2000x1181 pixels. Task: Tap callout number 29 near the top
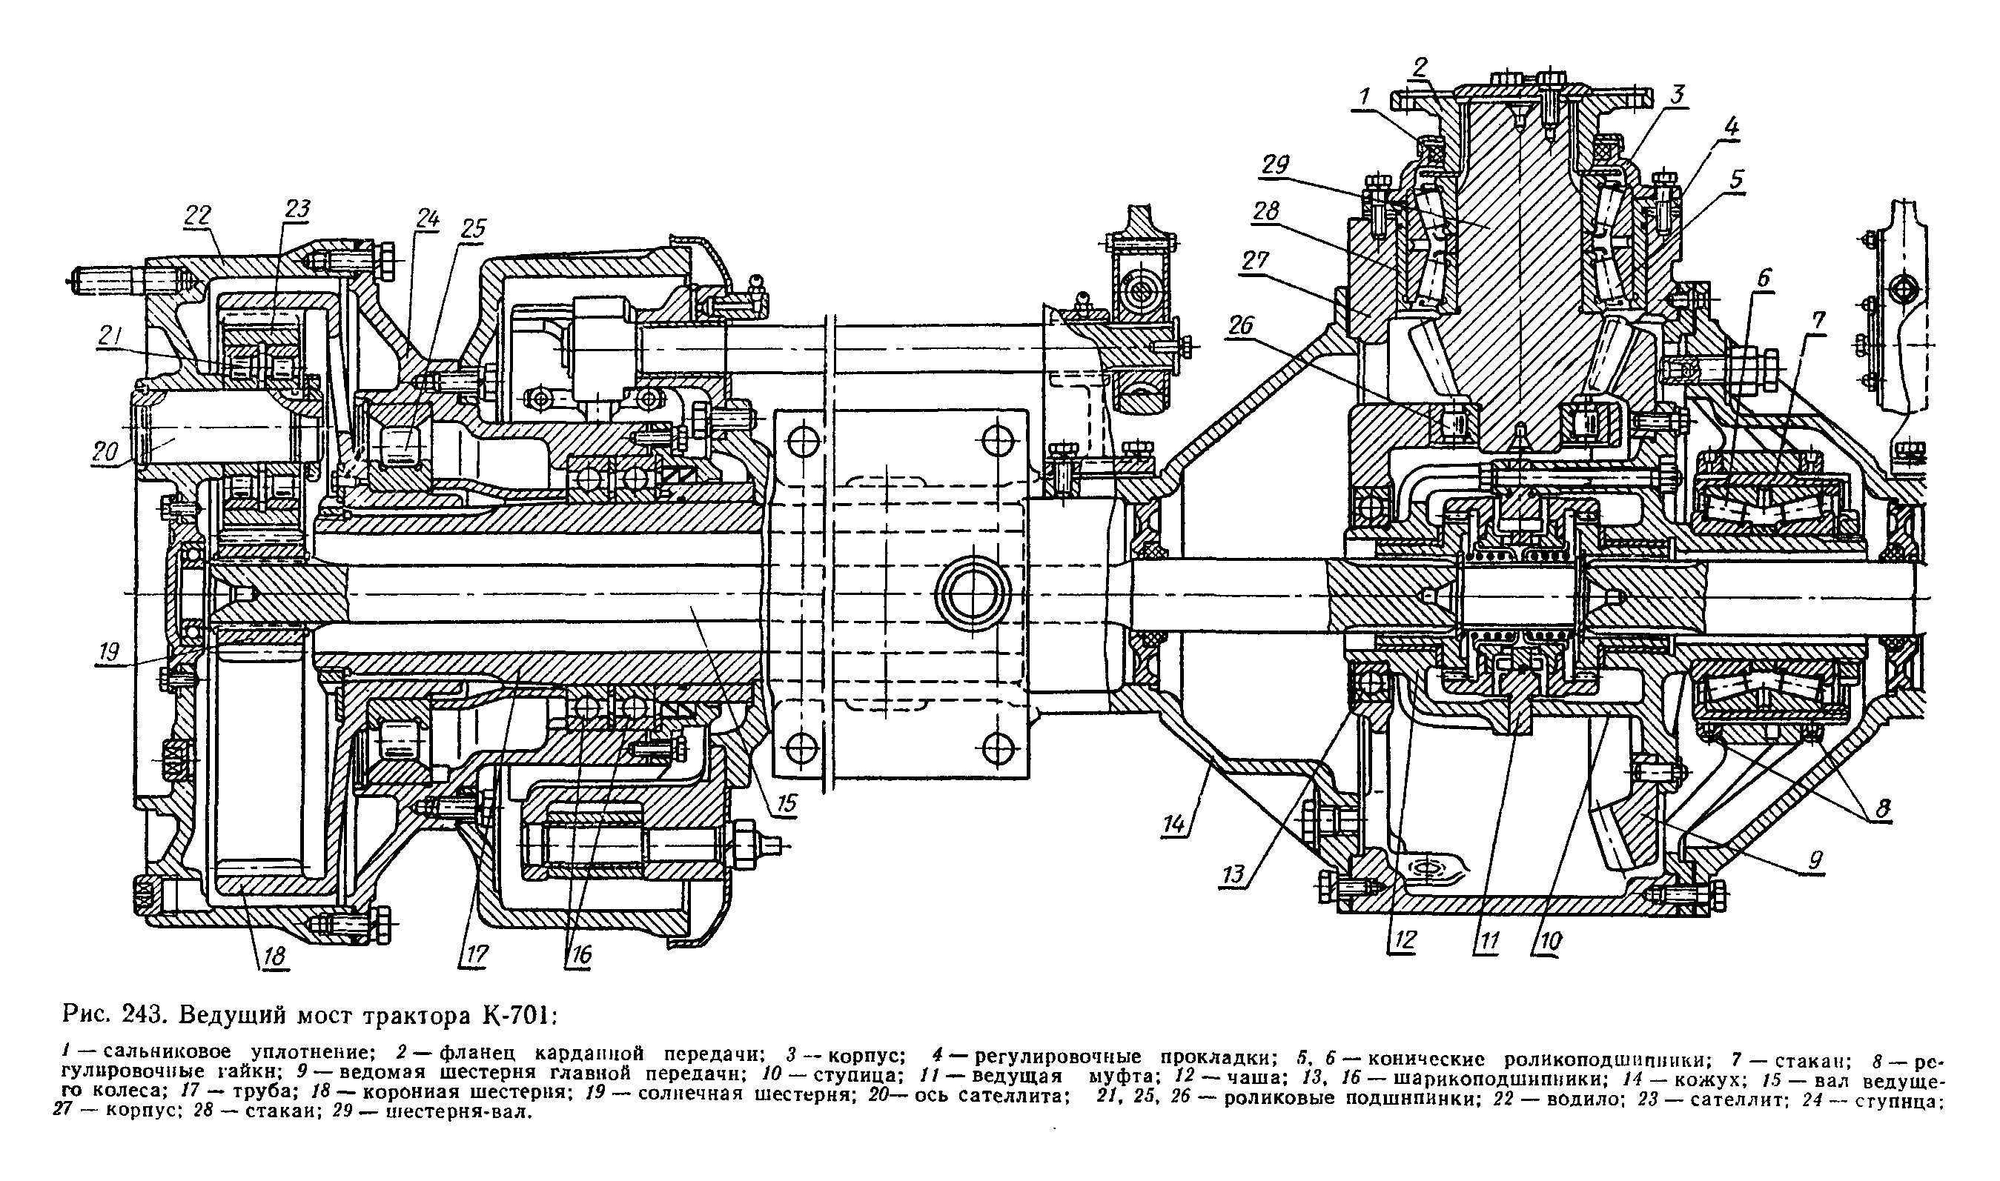click(1277, 165)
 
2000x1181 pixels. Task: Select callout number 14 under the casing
click(1173, 825)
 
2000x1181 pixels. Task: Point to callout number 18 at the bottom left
click(274, 956)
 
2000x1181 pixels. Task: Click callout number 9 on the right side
click(1815, 859)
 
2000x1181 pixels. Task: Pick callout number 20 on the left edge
click(105, 453)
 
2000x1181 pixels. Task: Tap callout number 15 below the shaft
click(787, 803)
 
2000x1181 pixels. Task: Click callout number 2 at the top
click(1421, 66)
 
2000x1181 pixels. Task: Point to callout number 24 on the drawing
click(428, 219)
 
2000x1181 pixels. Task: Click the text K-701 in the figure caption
click(515, 1017)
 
